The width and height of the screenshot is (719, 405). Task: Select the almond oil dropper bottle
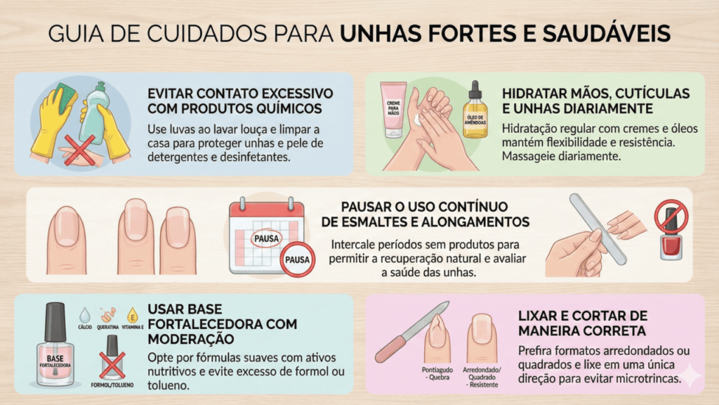pos(475,112)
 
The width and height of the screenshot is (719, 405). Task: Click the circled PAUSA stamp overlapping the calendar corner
pos(297,259)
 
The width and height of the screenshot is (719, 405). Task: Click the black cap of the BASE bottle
pos(55,322)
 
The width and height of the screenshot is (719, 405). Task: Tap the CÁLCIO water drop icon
pos(85,316)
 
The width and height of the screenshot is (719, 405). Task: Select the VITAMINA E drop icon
pos(133,316)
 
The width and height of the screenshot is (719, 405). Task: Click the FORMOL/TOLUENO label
pos(112,385)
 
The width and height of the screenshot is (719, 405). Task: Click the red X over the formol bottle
pos(112,366)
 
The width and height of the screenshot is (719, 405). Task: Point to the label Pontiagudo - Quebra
pos(437,373)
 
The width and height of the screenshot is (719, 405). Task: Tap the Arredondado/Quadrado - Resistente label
pos(482,377)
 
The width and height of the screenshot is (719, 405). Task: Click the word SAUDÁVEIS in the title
pos(607,34)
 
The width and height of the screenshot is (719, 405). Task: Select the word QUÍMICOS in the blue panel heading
pos(283,109)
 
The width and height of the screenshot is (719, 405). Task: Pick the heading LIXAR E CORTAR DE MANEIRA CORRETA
pos(583,323)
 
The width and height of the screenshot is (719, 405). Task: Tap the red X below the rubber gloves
pos(79,150)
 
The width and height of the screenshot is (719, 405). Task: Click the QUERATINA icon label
pos(107,328)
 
